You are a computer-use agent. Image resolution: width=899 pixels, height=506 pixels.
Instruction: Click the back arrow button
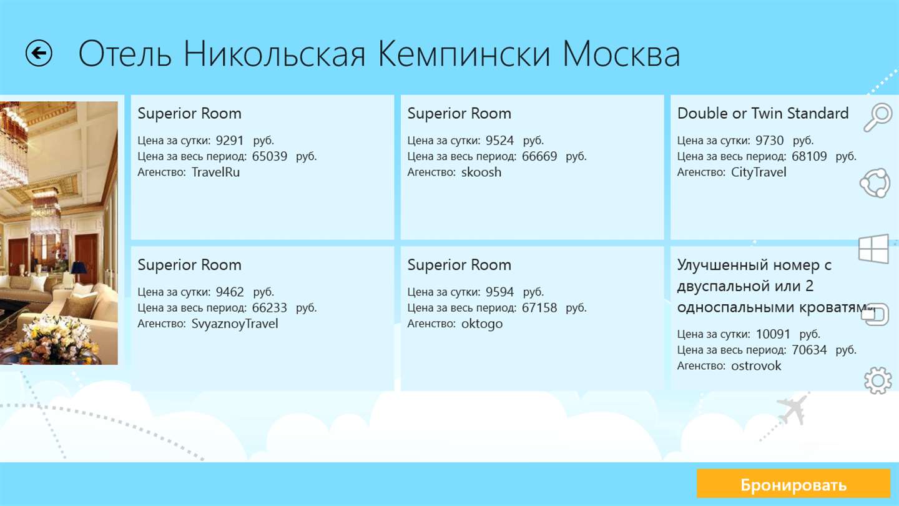(x=39, y=53)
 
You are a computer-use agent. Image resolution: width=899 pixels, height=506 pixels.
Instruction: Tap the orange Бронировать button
(x=793, y=484)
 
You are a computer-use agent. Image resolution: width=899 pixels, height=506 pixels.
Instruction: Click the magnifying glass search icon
(x=877, y=117)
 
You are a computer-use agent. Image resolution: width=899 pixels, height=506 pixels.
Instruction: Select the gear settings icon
(x=878, y=380)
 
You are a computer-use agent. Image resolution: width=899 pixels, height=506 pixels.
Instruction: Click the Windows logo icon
(x=873, y=249)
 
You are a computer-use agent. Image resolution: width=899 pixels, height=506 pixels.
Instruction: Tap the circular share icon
(x=875, y=183)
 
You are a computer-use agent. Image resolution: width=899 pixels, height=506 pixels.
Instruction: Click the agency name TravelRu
(x=215, y=172)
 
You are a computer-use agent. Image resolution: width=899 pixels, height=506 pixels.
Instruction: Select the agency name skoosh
(x=481, y=172)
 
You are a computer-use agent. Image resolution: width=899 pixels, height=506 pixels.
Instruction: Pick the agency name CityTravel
(x=759, y=172)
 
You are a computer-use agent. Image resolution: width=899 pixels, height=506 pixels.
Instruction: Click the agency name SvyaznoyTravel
(x=235, y=324)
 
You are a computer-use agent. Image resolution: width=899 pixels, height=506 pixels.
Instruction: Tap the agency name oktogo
(x=481, y=324)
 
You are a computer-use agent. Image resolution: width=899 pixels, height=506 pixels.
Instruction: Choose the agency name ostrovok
(x=756, y=366)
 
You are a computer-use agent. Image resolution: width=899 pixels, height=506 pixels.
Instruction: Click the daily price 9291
(x=230, y=141)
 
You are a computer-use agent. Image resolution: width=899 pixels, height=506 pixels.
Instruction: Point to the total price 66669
(x=539, y=156)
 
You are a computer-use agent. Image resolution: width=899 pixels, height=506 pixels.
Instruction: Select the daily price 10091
(x=773, y=334)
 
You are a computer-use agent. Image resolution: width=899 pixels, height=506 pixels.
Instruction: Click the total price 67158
(x=539, y=308)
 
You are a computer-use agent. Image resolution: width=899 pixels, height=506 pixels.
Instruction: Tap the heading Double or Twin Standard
(x=763, y=113)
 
